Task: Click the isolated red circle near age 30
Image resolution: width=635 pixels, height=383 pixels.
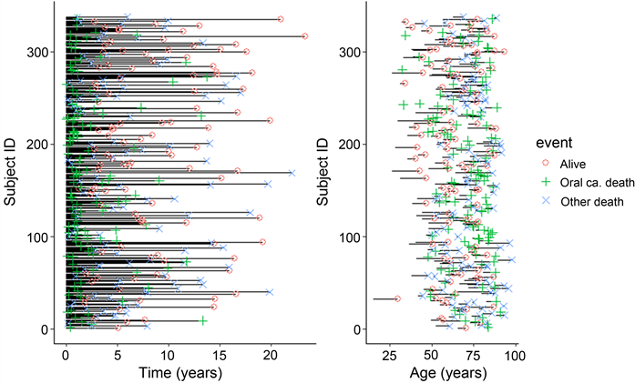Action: click(x=397, y=298)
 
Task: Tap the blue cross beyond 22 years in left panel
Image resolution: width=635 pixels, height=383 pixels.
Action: click(x=292, y=172)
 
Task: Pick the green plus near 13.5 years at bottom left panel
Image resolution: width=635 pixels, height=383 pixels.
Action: click(x=203, y=320)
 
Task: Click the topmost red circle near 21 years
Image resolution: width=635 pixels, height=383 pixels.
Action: click(x=281, y=18)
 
